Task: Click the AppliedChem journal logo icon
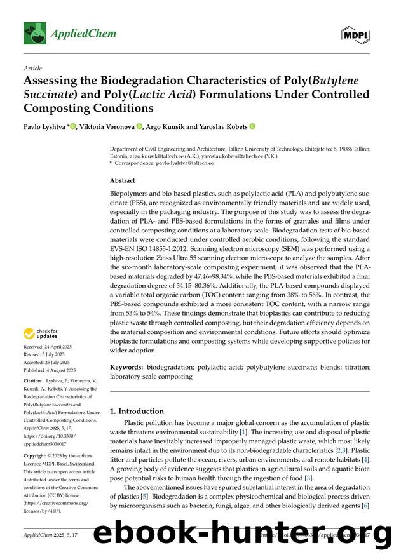[34, 32]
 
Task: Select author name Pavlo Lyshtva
[44, 126]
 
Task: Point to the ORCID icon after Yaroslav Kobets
[252, 126]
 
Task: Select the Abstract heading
[123, 180]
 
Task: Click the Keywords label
[126, 368]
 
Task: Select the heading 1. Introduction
[137, 411]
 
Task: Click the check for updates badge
[42, 333]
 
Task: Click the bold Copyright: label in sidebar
[37, 456]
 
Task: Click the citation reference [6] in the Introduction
[365, 507]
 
